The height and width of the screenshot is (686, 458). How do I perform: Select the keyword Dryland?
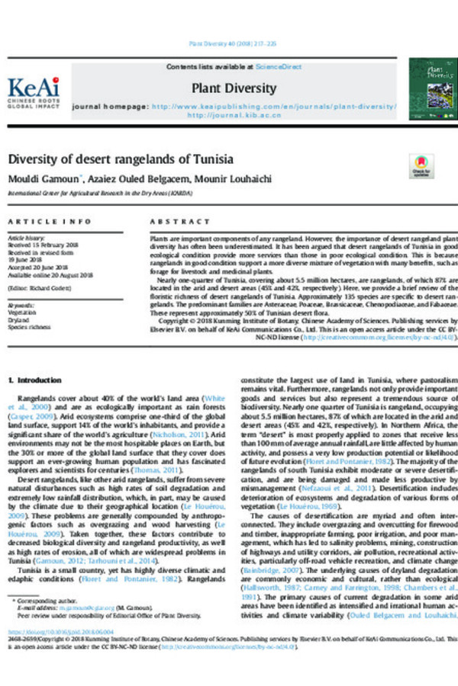tap(20, 318)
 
